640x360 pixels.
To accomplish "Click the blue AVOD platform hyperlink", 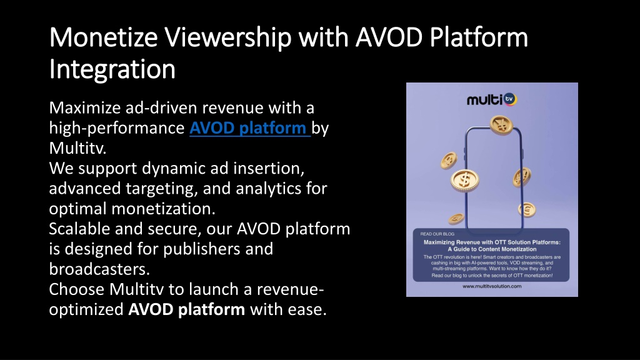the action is [x=250, y=128].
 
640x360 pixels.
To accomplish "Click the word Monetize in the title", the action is [x=103, y=37].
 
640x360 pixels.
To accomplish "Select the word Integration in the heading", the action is [x=112, y=69].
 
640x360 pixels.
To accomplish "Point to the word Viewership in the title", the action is [x=228, y=37].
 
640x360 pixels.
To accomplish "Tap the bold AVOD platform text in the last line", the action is [x=186, y=309].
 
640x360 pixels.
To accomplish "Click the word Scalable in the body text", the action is [x=79, y=229].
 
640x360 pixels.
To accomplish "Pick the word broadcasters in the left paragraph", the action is [x=99, y=269].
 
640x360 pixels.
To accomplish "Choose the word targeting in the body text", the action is [x=161, y=189].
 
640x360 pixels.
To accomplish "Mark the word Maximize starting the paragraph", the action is [x=85, y=107].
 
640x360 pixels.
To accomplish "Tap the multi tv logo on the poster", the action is [x=492, y=99].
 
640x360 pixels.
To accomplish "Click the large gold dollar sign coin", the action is [x=464, y=180].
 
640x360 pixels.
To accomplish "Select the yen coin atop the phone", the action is [x=501, y=125].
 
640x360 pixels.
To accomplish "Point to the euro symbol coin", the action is [x=526, y=210].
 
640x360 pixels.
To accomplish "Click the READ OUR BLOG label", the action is [x=437, y=234].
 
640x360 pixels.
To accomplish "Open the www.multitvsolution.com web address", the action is [x=492, y=286].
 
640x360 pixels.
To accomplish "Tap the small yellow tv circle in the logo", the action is [x=510, y=99].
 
